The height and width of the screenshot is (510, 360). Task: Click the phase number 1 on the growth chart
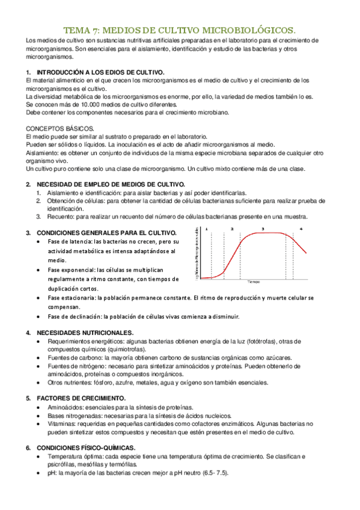[206, 229]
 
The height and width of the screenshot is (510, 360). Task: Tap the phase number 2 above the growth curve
[232, 229]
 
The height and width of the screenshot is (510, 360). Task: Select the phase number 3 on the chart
[262, 229]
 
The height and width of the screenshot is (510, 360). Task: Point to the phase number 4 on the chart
[300, 229]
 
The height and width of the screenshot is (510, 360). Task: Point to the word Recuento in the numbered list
[53, 217]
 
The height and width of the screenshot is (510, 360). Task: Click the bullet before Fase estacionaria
[38, 298]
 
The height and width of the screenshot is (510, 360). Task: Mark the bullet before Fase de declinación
[38, 317]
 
